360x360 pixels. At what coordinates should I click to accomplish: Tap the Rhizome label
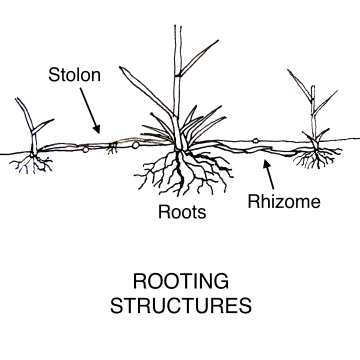pos(284,202)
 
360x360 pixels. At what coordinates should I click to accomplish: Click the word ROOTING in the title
pos(180,279)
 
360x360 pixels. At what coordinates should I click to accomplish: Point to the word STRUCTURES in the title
pos(180,304)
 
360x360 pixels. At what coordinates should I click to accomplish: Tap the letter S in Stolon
pos(51,74)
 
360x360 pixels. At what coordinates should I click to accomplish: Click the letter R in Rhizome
pos(253,202)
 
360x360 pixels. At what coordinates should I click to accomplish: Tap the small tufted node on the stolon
pos(112,146)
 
